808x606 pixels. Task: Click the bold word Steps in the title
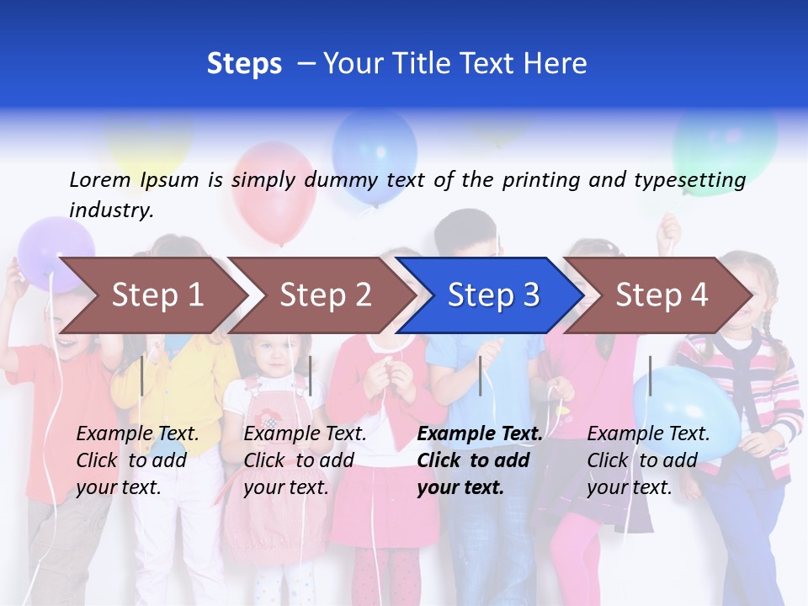[244, 64]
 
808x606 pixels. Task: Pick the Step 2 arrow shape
[325, 295]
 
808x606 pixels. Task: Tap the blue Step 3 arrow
[493, 295]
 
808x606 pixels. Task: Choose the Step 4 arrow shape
[662, 295]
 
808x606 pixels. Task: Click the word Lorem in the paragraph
[100, 179]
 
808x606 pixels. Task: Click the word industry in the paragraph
[111, 210]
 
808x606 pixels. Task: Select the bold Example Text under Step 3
[480, 433]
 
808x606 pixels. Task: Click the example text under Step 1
[137, 460]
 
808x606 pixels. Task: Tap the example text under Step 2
[305, 460]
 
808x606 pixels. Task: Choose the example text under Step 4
[648, 460]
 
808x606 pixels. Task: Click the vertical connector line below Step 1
[142, 375]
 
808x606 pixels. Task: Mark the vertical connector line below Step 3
[480, 375]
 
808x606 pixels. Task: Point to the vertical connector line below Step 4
[650, 375]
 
